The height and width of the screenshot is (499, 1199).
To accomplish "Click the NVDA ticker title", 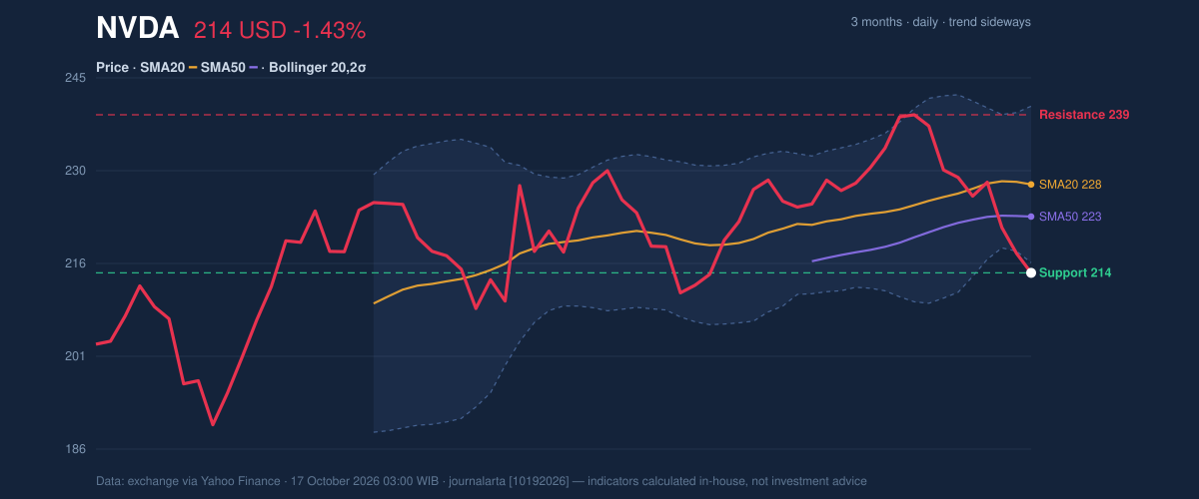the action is [x=137, y=28].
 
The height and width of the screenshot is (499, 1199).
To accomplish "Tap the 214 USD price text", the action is [x=240, y=31].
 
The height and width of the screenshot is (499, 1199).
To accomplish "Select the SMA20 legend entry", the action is [x=162, y=68].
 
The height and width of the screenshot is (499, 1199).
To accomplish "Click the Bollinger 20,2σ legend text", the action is [x=318, y=68].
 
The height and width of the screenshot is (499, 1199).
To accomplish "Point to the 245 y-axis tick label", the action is [x=76, y=78].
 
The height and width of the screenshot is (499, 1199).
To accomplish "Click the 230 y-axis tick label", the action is [x=76, y=171].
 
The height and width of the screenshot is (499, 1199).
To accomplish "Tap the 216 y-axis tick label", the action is [x=76, y=263].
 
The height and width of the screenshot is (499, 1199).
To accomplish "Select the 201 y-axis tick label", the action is [x=76, y=356].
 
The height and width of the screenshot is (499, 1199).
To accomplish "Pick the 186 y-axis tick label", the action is [x=76, y=449].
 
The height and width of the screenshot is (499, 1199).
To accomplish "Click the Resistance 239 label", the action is [x=1084, y=115].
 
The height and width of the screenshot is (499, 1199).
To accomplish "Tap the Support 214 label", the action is [x=1075, y=272].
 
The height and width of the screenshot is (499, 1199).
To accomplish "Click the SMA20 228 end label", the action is [x=1070, y=185].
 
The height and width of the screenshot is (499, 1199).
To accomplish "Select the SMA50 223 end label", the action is [x=1070, y=217].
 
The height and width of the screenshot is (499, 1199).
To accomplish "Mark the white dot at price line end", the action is [x=1031, y=272].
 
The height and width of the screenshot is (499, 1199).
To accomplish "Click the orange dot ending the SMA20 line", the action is [x=1031, y=185].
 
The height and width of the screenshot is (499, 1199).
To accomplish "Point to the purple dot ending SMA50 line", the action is [x=1031, y=217].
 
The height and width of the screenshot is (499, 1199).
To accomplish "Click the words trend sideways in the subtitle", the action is [x=990, y=22].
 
